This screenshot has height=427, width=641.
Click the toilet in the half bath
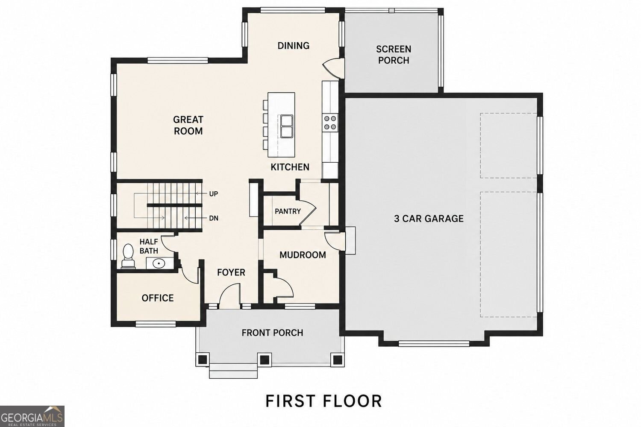(128, 256)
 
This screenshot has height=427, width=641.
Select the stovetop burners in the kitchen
(330, 123)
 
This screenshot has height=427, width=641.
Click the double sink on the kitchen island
(286, 126)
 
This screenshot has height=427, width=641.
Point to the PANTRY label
(288, 211)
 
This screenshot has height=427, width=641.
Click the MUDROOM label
(303, 255)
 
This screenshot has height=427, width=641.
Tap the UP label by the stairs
(214, 194)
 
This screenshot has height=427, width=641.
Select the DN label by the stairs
(214, 218)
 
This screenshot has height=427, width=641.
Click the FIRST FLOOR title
(323, 401)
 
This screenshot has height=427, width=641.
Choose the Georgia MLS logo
(32, 416)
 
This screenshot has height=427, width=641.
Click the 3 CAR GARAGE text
(429, 219)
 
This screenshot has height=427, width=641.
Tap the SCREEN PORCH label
(394, 55)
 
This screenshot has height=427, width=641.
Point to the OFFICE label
(158, 298)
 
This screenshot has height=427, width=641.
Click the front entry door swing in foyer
(229, 296)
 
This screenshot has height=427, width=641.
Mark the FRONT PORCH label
(272, 333)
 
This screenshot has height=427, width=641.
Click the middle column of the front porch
(265, 359)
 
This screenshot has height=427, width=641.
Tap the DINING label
(293, 45)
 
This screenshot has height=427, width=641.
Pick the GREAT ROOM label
(188, 125)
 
